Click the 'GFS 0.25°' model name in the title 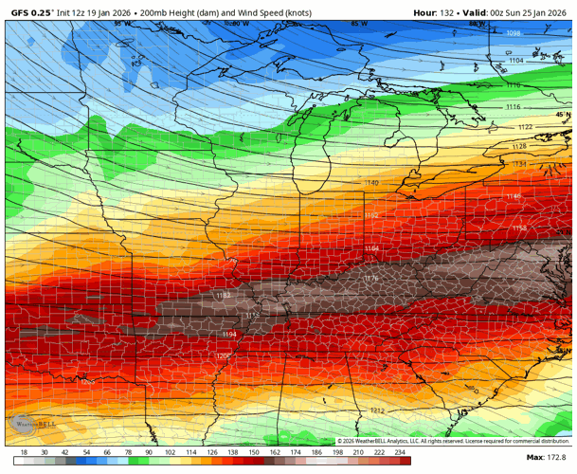[30, 12]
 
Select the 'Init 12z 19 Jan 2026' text [96, 12]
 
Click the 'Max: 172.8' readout [548, 458]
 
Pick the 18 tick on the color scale [24, 453]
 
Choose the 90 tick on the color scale [149, 453]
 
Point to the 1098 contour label [514, 33]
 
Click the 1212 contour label [377, 410]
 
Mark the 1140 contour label [371, 182]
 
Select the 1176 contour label [370, 278]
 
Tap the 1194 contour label [229, 335]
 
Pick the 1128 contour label [519, 146]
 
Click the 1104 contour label [515, 60]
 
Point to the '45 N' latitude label [563, 114]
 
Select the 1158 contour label [519, 228]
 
